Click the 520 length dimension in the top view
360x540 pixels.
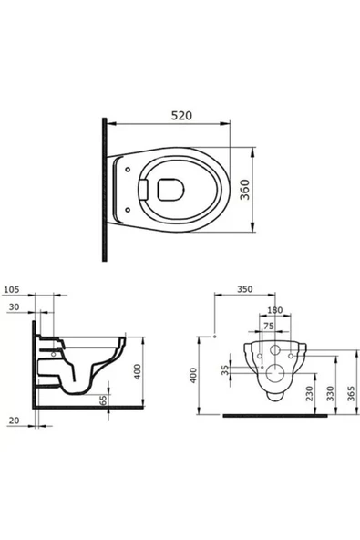[183, 118]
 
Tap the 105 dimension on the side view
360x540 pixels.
[12, 293]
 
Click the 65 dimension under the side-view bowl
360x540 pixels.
[104, 400]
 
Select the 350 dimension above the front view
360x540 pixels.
[243, 290]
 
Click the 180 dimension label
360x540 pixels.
[274, 311]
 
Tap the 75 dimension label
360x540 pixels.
[267, 325]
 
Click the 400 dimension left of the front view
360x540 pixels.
[193, 376]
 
